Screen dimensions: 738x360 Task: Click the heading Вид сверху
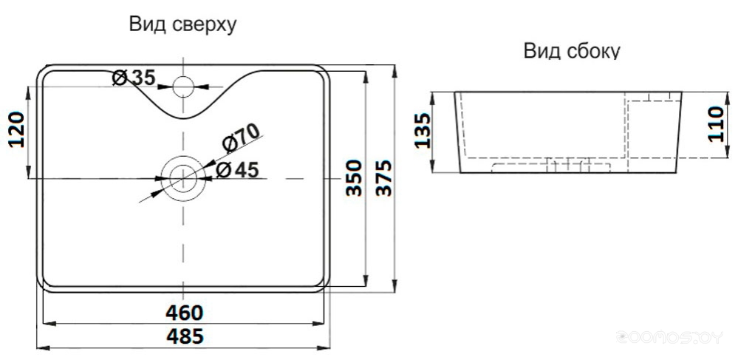(182, 25)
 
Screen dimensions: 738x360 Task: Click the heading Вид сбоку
(572, 50)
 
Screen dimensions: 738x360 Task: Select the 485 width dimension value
(185, 336)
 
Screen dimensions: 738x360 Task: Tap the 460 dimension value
(185, 313)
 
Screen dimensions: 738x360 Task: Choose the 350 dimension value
(354, 177)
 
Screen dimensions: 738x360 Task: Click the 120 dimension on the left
(17, 130)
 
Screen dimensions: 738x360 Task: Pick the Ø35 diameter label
(134, 78)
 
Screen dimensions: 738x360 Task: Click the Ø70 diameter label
(241, 138)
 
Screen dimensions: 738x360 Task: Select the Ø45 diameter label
(237, 169)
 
